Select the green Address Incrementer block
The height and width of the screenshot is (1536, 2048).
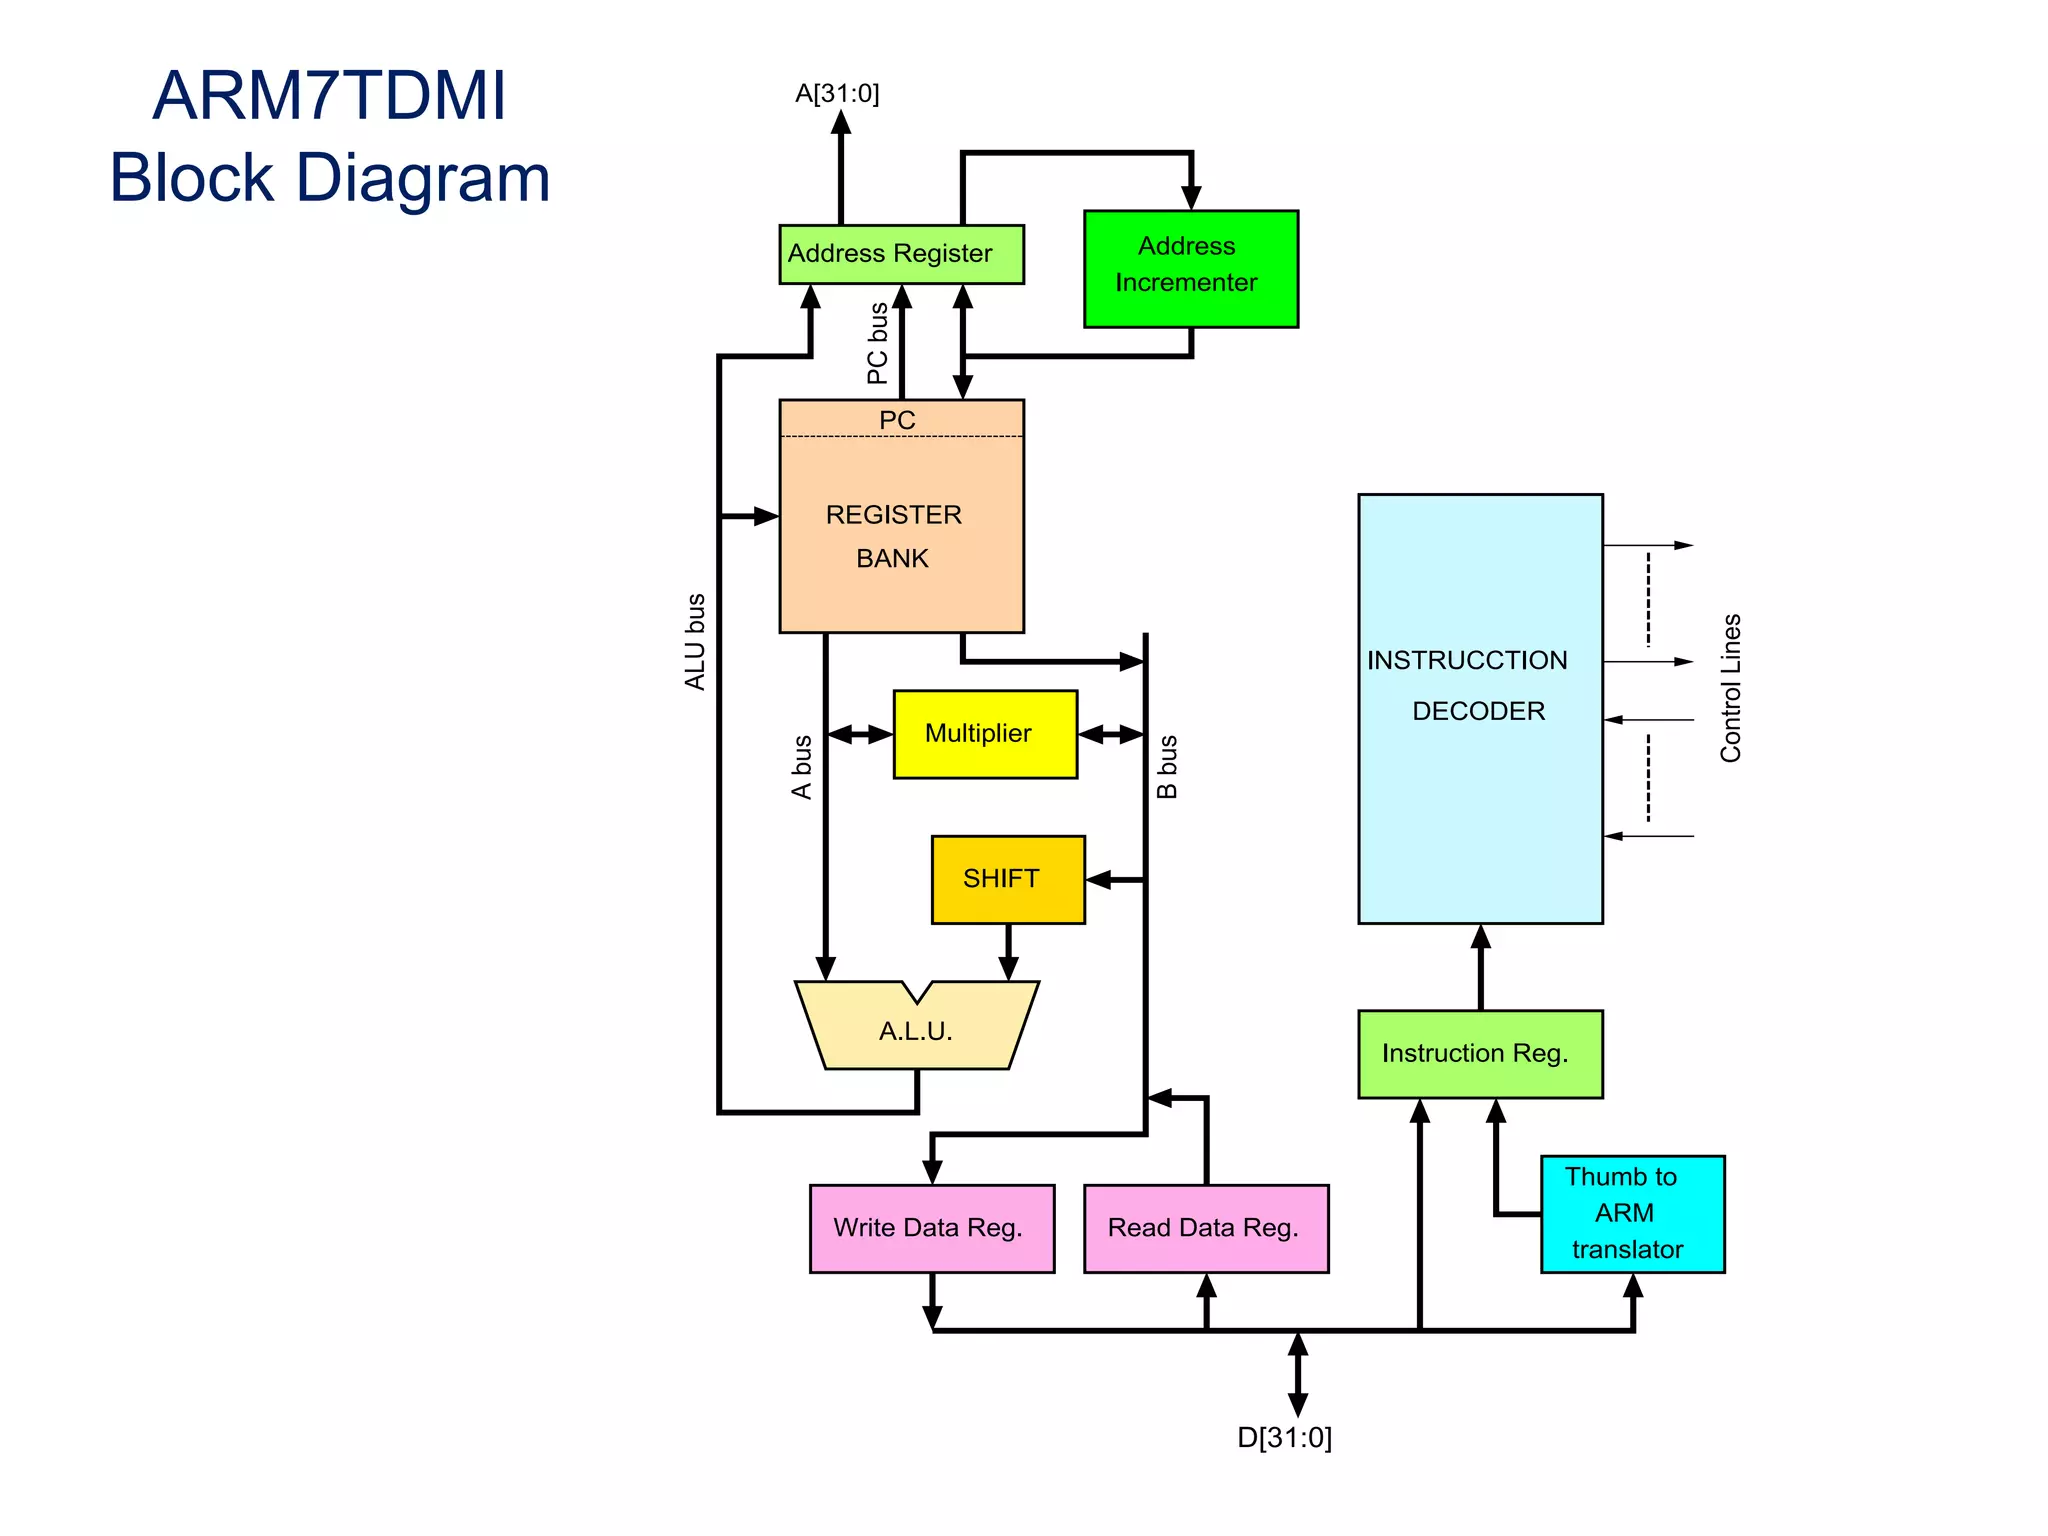[1190, 268]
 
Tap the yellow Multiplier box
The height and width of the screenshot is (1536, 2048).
[984, 734]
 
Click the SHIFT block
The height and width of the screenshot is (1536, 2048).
[1007, 879]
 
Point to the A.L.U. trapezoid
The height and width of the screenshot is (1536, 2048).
[916, 1030]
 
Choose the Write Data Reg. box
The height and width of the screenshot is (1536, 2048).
[931, 1228]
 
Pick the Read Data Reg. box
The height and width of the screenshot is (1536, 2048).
[1205, 1228]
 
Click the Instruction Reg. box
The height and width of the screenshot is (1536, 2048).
[1479, 1053]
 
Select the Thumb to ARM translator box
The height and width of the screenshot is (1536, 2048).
[1631, 1213]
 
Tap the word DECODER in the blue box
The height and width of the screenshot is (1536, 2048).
[1478, 711]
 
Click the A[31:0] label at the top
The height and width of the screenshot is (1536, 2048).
[837, 93]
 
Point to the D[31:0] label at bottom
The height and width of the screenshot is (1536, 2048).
[1284, 1437]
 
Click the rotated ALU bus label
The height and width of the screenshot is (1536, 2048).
[695, 642]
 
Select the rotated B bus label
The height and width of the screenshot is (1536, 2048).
[1167, 767]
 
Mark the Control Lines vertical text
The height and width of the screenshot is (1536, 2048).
[1730, 688]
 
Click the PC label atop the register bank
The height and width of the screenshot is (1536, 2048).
[897, 420]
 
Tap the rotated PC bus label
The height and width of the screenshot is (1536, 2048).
[877, 344]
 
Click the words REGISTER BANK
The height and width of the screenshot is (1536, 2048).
[893, 536]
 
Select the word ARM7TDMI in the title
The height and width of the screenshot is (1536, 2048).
[329, 96]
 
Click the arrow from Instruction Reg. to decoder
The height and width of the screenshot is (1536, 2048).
[1480, 966]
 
